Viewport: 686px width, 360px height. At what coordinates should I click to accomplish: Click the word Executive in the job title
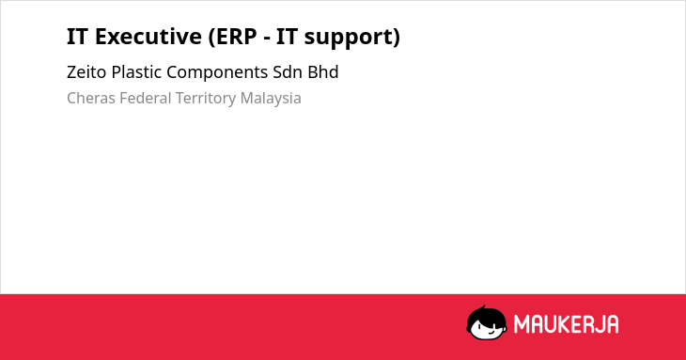[x=148, y=37]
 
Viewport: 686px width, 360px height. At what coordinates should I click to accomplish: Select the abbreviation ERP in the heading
[x=232, y=37]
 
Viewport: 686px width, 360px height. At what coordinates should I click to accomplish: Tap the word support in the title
[x=352, y=38]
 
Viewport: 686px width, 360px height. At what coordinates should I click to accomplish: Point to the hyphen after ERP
[x=267, y=39]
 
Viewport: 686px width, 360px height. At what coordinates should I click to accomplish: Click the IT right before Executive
[x=77, y=37]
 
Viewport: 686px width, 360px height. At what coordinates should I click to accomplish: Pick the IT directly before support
[x=287, y=37]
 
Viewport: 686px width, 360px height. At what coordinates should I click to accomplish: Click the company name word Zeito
[x=86, y=72]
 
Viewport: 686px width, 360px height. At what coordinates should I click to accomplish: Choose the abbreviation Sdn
[x=288, y=72]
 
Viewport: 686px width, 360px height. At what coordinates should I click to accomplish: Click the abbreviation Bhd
[x=323, y=72]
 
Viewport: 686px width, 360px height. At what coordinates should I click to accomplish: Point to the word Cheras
[x=91, y=98]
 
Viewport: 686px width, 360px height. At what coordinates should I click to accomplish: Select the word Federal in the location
[x=146, y=98]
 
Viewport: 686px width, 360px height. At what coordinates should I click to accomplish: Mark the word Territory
[x=206, y=99]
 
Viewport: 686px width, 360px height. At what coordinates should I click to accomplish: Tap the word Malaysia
[x=271, y=99]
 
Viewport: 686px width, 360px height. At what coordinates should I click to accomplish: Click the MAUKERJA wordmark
[x=566, y=324]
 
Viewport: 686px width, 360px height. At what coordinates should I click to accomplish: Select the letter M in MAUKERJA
[x=522, y=324]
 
